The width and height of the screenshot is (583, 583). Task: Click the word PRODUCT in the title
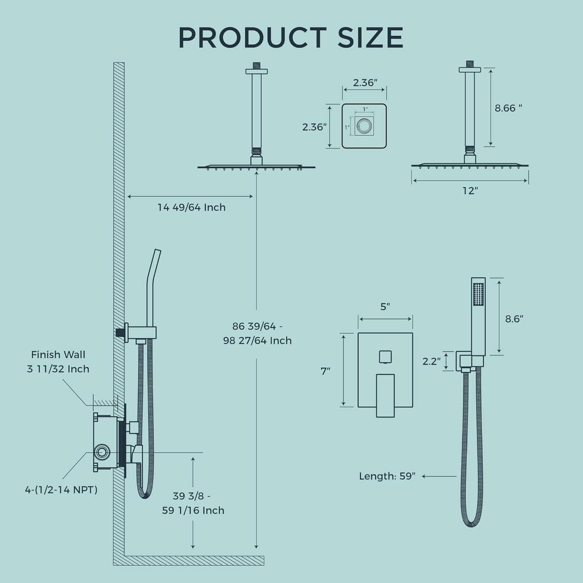pyautogui.click(x=252, y=38)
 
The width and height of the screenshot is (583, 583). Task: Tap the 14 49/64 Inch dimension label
pyautogui.click(x=191, y=207)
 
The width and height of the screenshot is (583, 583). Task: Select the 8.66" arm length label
pyautogui.click(x=508, y=108)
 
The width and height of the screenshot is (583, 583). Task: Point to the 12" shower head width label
pyautogui.click(x=470, y=191)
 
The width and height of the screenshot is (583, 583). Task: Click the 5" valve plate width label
pyautogui.click(x=385, y=307)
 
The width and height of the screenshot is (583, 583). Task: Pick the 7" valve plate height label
pyautogui.click(x=325, y=371)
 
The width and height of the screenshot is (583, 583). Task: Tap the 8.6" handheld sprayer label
pyautogui.click(x=514, y=319)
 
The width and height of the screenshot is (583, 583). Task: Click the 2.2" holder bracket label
pyautogui.click(x=431, y=361)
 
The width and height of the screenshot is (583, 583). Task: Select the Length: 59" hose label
pyautogui.click(x=387, y=476)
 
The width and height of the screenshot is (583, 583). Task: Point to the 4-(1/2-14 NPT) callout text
pyautogui.click(x=61, y=490)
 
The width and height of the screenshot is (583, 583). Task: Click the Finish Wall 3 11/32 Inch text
pyautogui.click(x=58, y=361)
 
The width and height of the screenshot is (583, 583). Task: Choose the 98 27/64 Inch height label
pyautogui.click(x=257, y=340)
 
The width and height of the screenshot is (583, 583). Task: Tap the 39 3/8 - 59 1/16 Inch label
pyautogui.click(x=193, y=503)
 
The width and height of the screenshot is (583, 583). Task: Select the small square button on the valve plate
pyautogui.click(x=385, y=356)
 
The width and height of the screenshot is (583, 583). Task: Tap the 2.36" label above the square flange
pyautogui.click(x=365, y=82)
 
